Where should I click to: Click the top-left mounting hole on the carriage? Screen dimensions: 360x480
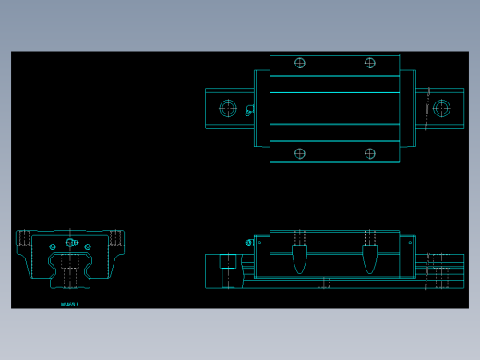(x=299, y=63)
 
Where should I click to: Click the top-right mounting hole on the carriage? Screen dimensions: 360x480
(x=370, y=63)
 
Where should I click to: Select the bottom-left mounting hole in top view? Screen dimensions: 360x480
(x=299, y=153)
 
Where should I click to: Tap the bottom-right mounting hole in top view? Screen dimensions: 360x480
(x=370, y=153)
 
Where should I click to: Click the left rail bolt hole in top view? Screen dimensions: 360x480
(x=228, y=108)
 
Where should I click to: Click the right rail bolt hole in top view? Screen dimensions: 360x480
(x=441, y=108)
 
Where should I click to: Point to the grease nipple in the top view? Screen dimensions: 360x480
(x=248, y=111)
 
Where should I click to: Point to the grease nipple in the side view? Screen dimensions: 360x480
(x=249, y=243)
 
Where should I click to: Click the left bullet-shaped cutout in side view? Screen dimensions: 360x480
(x=299, y=258)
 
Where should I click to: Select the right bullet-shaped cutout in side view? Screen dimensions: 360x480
(x=370, y=258)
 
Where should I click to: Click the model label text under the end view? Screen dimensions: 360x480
(x=70, y=304)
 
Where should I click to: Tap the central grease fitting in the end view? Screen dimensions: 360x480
(x=70, y=244)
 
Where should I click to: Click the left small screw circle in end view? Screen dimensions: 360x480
(x=53, y=246)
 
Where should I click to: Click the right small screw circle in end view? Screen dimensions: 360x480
(x=88, y=246)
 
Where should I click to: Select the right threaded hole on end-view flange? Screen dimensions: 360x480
(x=115, y=237)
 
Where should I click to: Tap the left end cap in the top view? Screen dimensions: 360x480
(x=262, y=108)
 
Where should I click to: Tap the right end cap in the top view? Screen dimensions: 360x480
(x=407, y=108)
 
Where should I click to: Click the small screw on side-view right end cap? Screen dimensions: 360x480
(x=410, y=243)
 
